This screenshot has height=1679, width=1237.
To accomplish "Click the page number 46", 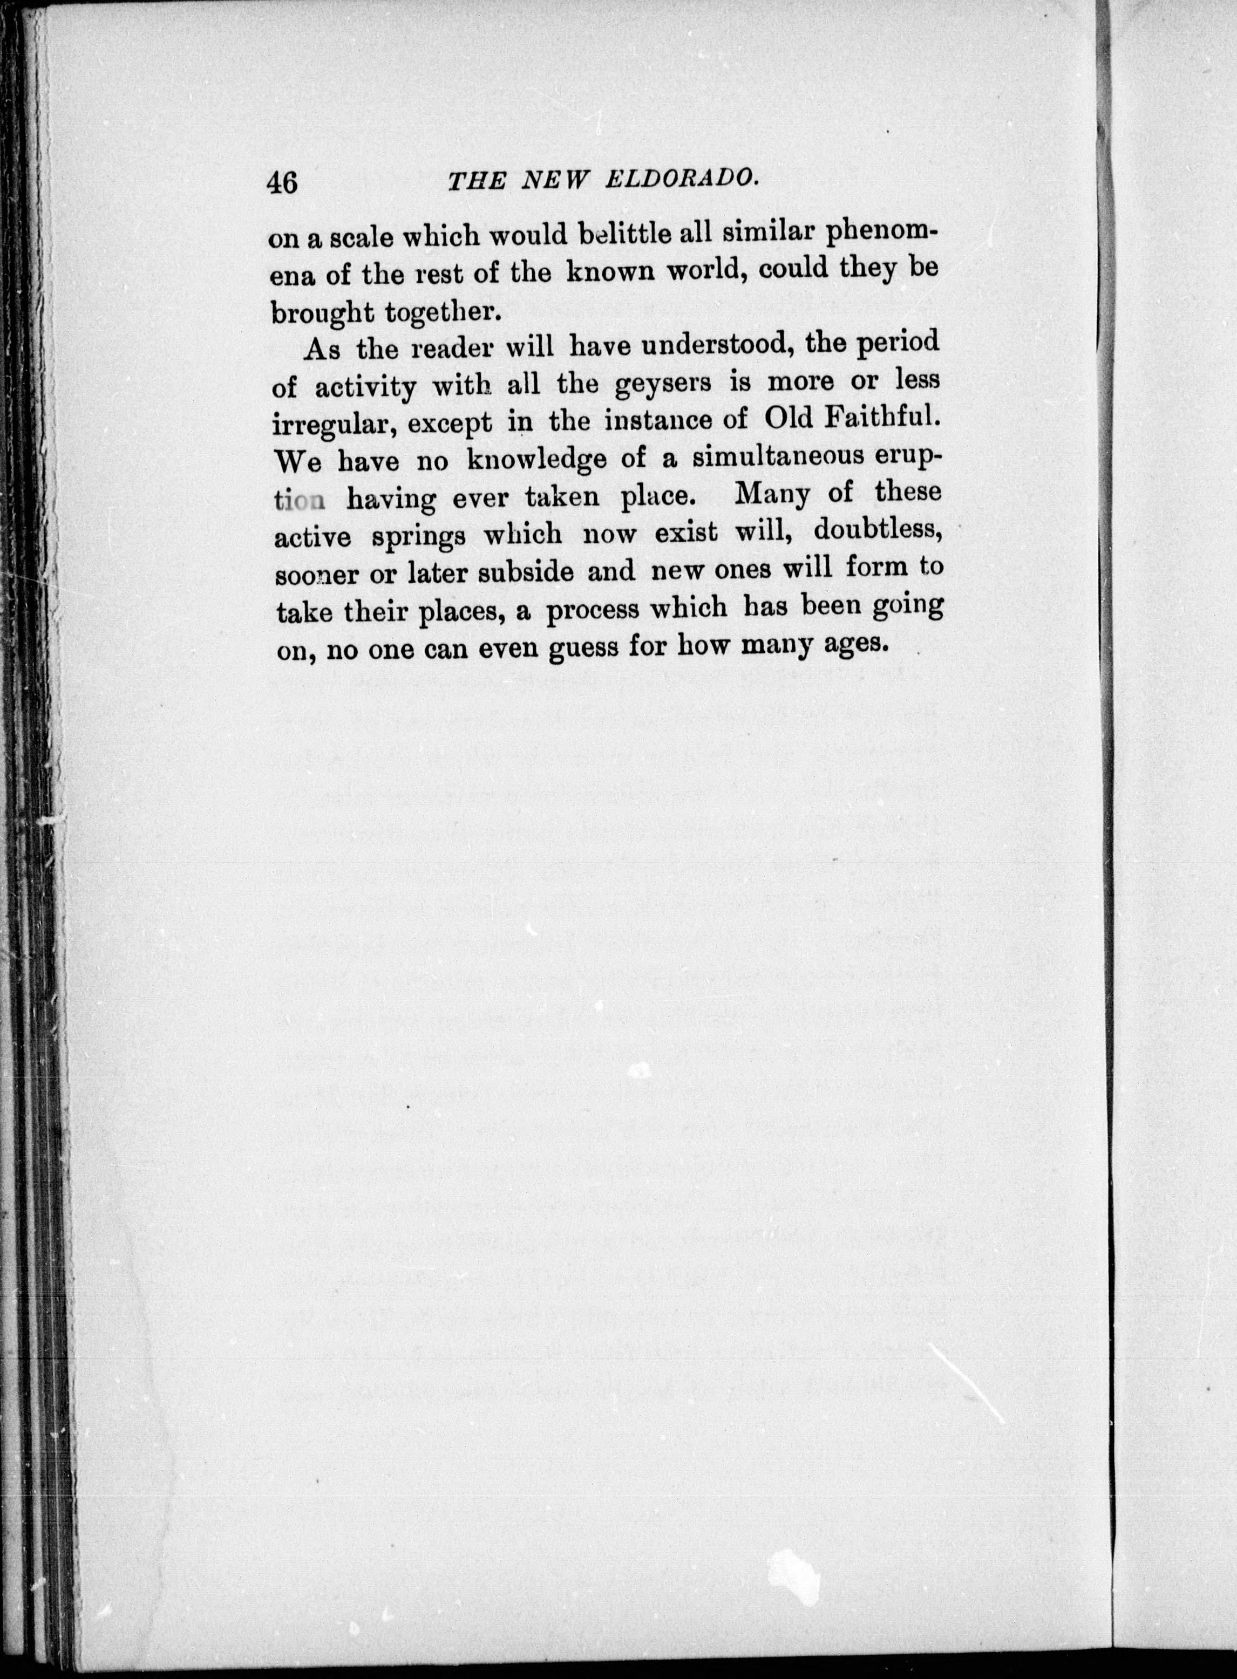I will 282,182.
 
